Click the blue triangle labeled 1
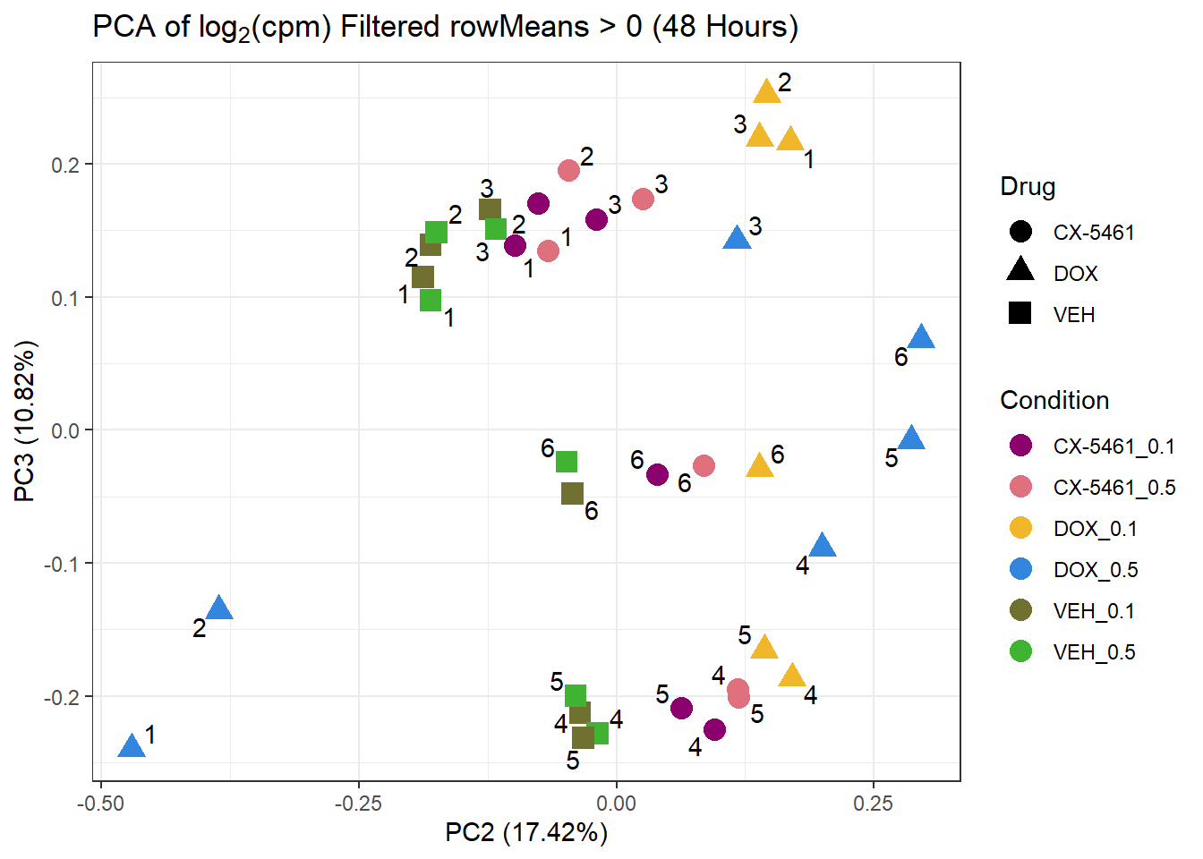click(132, 746)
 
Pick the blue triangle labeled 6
click(921, 338)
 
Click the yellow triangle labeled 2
click(767, 92)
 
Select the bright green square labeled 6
click(567, 462)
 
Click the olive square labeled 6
click(572, 493)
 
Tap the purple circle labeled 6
click(657, 474)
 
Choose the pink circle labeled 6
click(704, 465)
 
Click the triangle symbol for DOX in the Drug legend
click(1020, 270)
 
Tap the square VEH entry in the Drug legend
click(1020, 313)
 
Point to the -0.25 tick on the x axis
click(358, 804)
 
